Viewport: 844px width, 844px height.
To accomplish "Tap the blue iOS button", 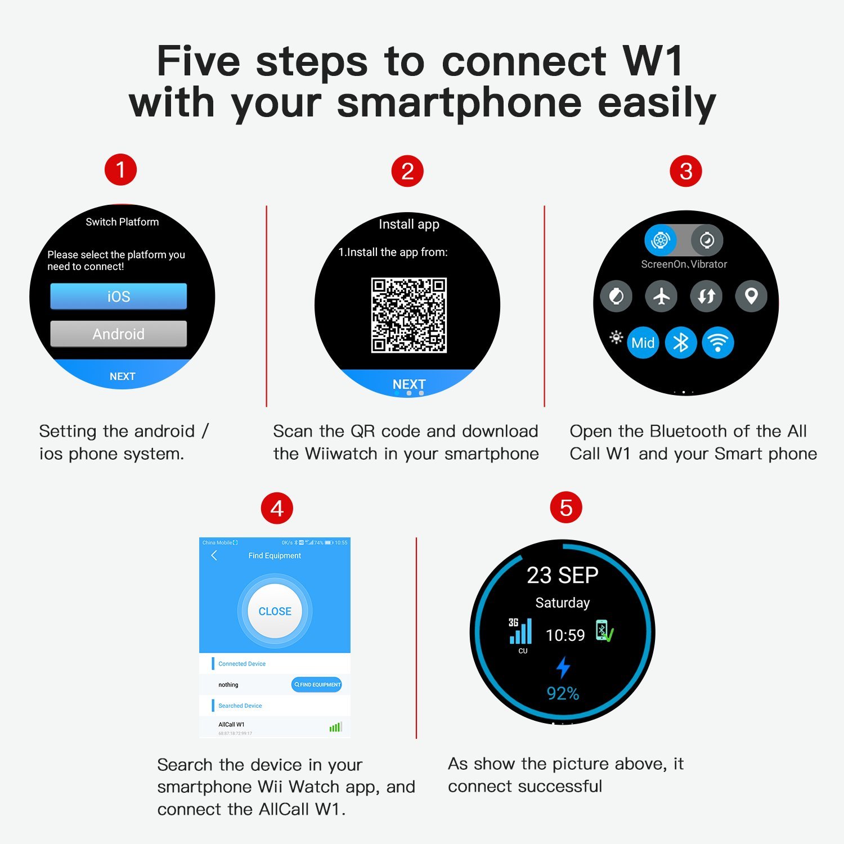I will [118, 296].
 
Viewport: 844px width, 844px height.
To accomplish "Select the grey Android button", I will [118, 334].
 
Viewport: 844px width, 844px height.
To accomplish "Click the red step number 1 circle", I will [120, 169].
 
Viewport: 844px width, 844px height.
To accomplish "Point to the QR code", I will [408, 315].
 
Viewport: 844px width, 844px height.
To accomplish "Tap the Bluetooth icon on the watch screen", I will [681, 343].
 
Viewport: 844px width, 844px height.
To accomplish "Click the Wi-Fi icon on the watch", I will [718, 343].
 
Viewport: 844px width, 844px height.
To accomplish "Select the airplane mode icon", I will [661, 296].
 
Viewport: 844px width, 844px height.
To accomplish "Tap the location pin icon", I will [751, 296].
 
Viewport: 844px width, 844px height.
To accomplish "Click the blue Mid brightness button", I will [643, 343].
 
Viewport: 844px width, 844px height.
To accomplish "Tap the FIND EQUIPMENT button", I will [317, 684].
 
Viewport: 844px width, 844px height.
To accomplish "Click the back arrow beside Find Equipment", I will [214, 555].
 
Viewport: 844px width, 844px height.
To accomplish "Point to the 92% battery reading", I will [563, 693].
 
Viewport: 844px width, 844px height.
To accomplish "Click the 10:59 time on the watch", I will [565, 635].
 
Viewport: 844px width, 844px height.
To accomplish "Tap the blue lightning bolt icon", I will [563, 667].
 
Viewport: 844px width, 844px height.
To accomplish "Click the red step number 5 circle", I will [566, 508].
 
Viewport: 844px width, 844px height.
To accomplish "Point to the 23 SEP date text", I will [562, 575].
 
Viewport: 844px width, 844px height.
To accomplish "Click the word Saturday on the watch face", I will [562, 603].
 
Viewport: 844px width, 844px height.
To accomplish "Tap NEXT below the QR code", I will [408, 384].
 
